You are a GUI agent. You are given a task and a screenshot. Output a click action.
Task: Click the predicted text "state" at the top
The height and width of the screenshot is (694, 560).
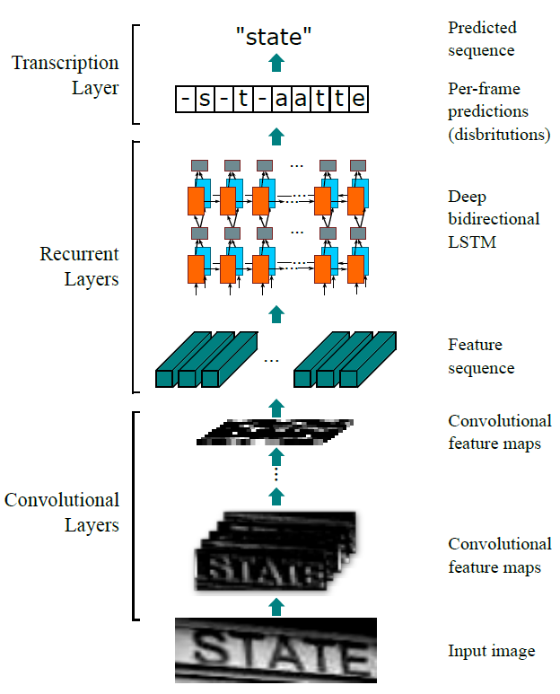[274, 36]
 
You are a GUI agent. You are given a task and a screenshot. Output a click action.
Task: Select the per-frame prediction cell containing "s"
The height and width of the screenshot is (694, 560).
[205, 99]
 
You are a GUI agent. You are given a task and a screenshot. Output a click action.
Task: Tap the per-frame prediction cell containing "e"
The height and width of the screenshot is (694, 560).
[358, 99]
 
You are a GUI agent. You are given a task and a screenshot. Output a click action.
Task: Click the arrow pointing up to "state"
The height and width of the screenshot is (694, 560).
[276, 63]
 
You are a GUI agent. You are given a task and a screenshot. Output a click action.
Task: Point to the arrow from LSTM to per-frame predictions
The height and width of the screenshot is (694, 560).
[276, 136]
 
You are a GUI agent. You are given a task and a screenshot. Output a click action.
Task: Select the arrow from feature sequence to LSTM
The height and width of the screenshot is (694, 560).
[276, 314]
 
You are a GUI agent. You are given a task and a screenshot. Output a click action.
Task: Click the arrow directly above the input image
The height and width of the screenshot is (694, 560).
[276, 606]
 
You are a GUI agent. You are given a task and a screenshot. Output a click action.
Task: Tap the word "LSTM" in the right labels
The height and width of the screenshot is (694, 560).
[472, 242]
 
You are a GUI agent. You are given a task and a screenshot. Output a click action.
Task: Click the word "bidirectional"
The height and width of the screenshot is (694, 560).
[494, 219]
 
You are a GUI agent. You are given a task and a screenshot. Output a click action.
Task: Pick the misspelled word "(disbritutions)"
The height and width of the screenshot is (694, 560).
[499, 134]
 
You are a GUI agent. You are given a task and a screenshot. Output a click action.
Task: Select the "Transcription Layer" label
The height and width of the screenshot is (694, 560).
[65, 75]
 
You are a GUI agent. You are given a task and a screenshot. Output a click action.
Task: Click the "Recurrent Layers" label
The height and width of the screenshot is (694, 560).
[80, 267]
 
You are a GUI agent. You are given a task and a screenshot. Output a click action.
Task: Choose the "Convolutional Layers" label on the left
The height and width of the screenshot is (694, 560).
[62, 513]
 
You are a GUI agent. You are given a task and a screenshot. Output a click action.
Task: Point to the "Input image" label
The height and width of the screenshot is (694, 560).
[492, 651]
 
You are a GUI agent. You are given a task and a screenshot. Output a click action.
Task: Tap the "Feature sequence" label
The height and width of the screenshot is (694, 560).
[481, 356]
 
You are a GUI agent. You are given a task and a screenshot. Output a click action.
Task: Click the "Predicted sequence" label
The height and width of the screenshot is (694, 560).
[482, 39]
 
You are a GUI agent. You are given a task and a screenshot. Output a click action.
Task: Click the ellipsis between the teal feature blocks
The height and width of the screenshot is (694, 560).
[271, 361]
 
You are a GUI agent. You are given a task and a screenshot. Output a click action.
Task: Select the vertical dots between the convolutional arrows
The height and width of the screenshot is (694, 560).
[276, 474]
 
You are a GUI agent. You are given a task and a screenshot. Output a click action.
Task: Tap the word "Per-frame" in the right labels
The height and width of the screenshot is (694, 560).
[484, 89]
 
